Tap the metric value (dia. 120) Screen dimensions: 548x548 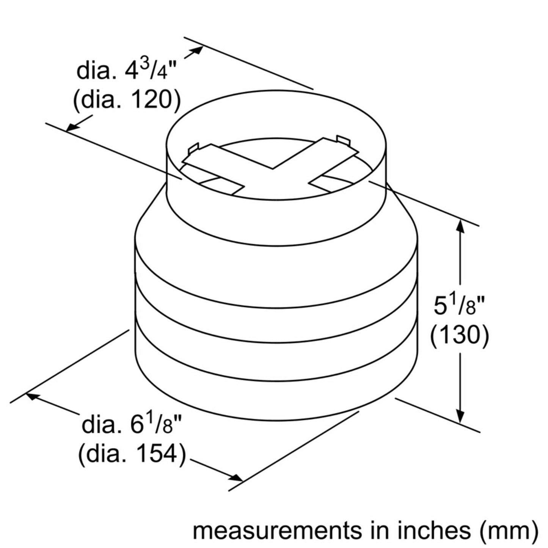pos(127,100)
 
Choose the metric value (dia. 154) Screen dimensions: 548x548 pos(132,454)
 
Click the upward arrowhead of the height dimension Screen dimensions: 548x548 pos(460,225)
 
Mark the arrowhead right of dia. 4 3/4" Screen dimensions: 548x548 pos(197,50)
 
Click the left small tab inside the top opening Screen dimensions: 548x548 pos(193,148)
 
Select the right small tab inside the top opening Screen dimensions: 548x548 pos(342,140)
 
